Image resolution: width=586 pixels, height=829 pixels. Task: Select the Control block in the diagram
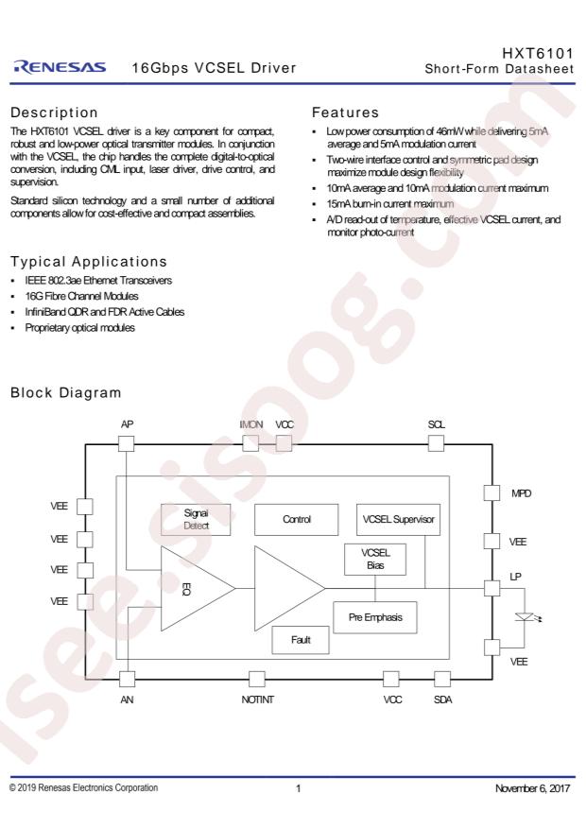tap(297, 519)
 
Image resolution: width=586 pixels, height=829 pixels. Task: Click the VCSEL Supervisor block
tap(401, 519)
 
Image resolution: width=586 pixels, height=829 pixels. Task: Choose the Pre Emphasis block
tap(375, 617)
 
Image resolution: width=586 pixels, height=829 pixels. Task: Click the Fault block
tap(301, 640)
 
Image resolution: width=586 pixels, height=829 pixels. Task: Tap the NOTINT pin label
tap(256, 701)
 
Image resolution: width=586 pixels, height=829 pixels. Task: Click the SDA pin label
tap(441, 701)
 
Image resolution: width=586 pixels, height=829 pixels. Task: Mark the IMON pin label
tap(250, 424)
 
